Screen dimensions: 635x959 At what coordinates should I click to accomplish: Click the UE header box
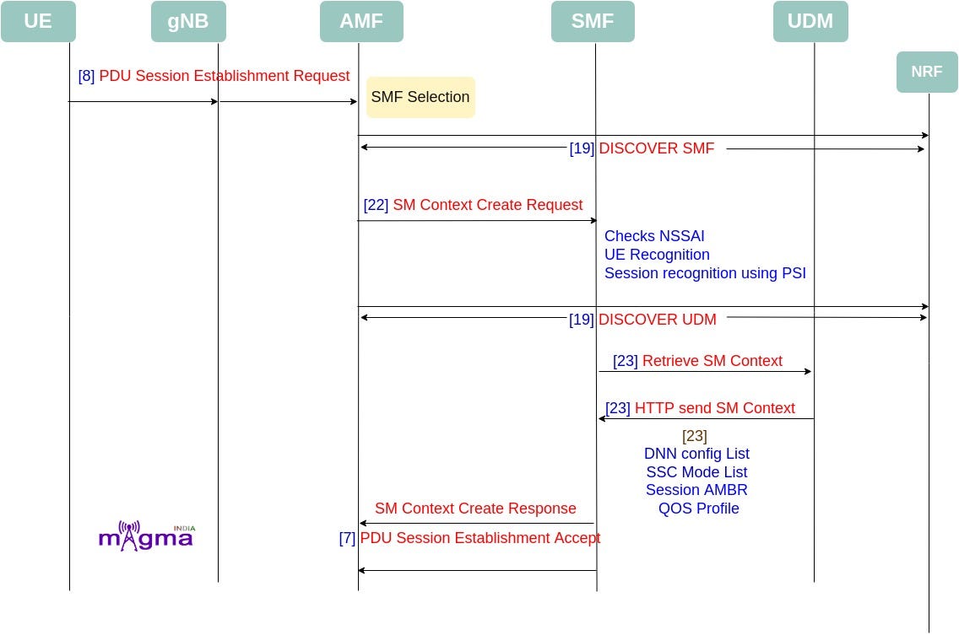pos(38,21)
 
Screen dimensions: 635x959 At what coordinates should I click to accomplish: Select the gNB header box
pos(188,21)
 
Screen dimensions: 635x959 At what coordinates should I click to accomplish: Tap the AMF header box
pos(361,21)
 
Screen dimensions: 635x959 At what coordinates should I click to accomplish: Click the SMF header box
pos(593,21)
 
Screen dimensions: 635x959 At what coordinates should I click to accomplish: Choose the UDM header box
pos(810,21)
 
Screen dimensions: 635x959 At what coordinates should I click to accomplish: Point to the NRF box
pos(927,72)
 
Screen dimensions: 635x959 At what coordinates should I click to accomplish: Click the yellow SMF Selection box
pos(420,97)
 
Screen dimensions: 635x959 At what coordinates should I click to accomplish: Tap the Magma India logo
pos(146,536)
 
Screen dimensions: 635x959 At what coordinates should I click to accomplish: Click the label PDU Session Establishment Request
pos(224,76)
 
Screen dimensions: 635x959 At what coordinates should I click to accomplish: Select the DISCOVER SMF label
pos(656,148)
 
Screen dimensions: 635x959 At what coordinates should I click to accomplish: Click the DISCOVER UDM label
pos(657,320)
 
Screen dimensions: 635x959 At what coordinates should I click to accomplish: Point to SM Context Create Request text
pos(487,205)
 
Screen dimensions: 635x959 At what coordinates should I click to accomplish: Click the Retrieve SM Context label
pos(712,361)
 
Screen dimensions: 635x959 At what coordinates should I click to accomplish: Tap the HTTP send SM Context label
pos(714,408)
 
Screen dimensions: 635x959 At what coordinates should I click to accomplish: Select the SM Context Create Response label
pos(475,509)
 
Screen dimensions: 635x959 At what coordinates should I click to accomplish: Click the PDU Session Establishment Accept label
pos(479,538)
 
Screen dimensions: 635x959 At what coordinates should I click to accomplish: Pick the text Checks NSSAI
pos(654,236)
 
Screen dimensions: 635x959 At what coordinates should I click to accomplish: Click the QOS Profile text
pos(698,509)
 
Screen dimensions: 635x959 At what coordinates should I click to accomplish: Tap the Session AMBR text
pos(696,490)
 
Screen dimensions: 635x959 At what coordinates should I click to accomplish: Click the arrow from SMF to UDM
pos(705,371)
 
